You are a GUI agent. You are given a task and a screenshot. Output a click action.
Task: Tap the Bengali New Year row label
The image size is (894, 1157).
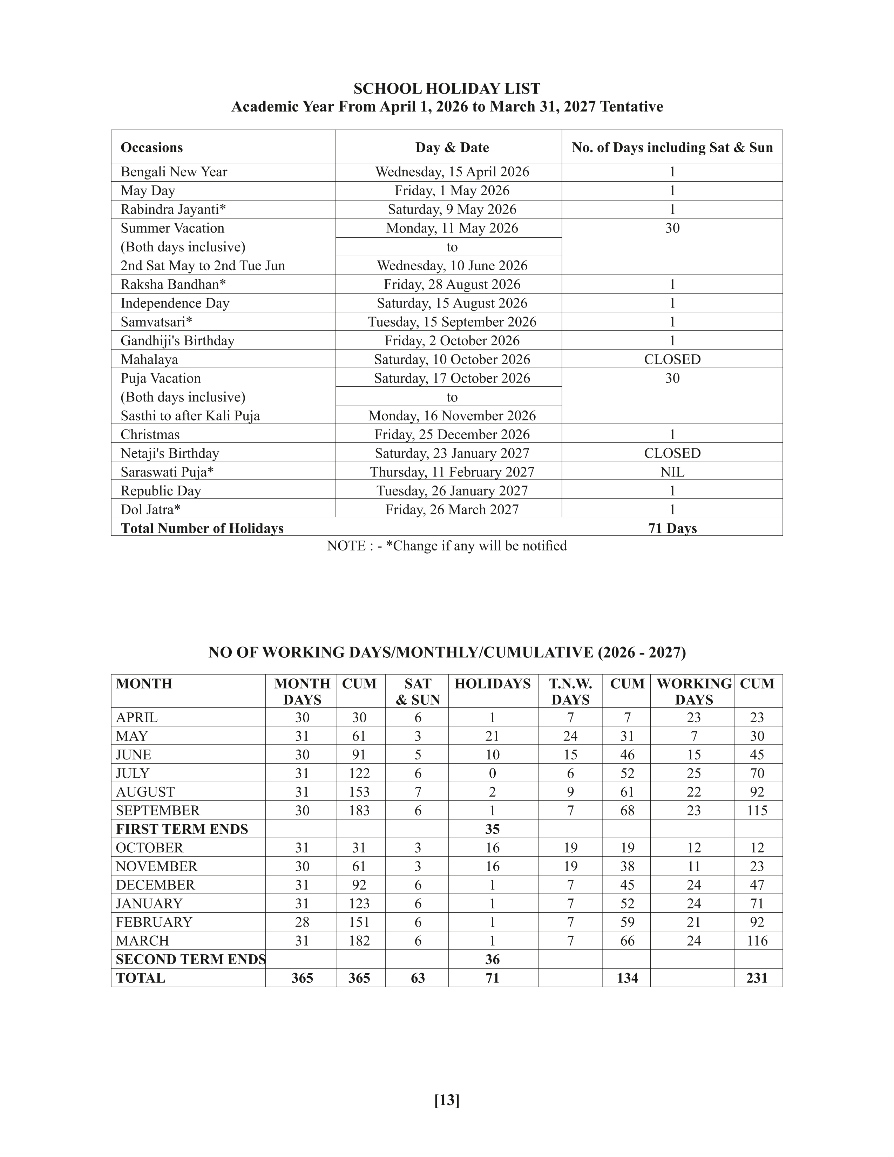174,172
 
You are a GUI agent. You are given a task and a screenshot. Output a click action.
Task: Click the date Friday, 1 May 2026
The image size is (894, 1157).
452,191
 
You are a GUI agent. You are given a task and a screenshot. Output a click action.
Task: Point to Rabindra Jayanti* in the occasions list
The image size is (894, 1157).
173,209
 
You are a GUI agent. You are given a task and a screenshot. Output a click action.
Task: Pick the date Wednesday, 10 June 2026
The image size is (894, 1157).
452,265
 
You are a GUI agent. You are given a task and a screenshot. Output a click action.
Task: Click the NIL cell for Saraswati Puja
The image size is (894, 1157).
672,472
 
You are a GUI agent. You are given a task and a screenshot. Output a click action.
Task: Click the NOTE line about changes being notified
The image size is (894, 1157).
446,546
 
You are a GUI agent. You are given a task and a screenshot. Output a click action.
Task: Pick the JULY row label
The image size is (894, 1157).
133,773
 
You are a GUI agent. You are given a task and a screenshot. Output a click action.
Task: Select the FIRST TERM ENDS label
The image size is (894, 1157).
182,829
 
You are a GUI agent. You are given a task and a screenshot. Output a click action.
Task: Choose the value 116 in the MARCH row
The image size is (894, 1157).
757,941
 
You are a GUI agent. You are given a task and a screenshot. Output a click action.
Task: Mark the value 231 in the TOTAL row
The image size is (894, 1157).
757,978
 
